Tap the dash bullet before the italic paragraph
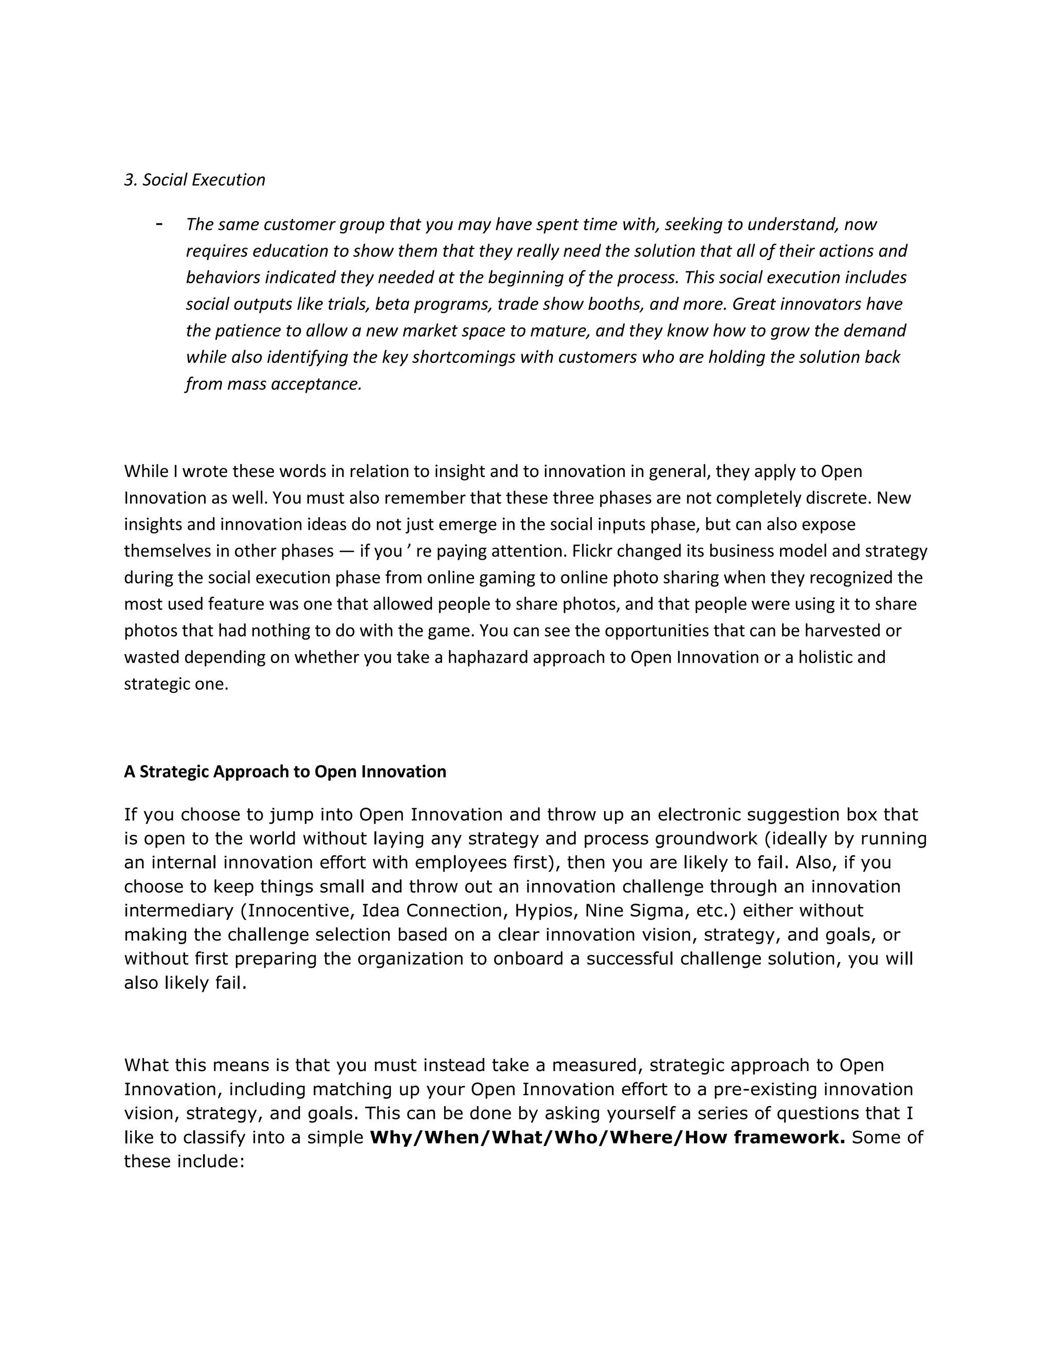tap(160, 223)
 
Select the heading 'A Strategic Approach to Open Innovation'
tap(285, 771)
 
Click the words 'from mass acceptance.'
tap(274, 383)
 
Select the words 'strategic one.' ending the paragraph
tap(176, 684)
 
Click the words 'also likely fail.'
tap(185, 983)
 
